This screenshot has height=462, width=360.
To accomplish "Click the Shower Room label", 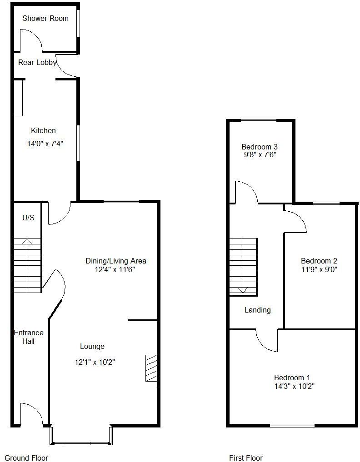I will coord(45,18).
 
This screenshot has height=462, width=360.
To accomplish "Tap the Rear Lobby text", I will coord(37,63).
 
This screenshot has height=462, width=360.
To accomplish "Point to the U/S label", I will coord(28,218).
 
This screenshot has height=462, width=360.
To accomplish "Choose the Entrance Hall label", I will coord(28,337).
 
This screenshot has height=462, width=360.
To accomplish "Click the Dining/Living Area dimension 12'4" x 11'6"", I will coord(116,269).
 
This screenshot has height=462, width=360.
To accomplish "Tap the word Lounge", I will coord(92,347).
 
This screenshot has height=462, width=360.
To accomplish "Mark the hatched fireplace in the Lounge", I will coord(151,368).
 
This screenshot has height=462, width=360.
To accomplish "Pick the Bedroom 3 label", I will coord(260,147).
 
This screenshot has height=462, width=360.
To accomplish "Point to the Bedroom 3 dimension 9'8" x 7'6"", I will coord(260,155).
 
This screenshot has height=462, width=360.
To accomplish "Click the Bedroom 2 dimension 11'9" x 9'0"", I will coord(319,269).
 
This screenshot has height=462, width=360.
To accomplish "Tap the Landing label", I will coord(258,310).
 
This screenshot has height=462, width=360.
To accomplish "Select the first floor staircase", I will coord(243,266).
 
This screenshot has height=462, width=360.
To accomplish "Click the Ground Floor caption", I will coord(26,458).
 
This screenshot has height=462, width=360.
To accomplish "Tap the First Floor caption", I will coord(246,458).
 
